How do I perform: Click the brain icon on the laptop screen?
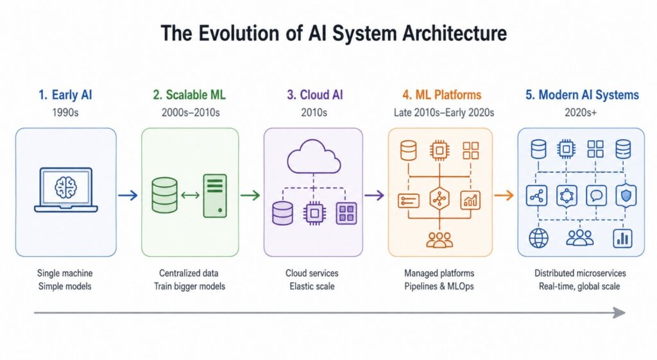[x=66, y=187]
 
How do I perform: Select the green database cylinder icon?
[x=164, y=195]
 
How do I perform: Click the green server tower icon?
[x=215, y=196]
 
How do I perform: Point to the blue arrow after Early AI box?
[x=128, y=195]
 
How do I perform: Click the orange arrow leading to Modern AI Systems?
[x=504, y=195]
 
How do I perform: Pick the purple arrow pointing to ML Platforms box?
[x=374, y=195]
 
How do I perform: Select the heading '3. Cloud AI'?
[x=314, y=95]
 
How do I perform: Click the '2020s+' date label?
[x=580, y=112]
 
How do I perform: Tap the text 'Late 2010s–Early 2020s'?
[x=444, y=112]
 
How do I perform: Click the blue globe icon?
[x=538, y=238]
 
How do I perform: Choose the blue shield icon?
[x=626, y=195]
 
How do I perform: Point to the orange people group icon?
[x=439, y=240]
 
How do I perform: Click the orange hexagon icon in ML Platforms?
[x=439, y=198]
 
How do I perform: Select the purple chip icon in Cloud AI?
[x=314, y=213]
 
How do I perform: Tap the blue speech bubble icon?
[x=596, y=195]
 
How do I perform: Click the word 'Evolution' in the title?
[x=239, y=33]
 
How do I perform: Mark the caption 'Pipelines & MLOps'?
[x=439, y=286]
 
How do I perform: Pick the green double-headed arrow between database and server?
[x=190, y=195]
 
